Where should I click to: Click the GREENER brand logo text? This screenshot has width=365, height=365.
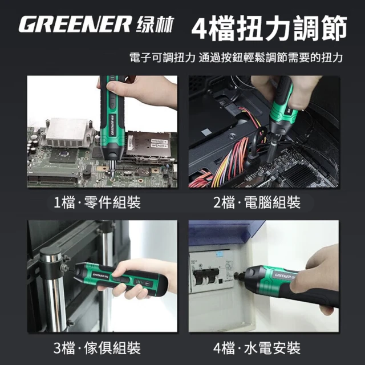[x=75, y=24]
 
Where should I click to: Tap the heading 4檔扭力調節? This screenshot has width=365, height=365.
[x=269, y=28]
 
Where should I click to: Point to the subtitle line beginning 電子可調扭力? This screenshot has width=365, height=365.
[x=236, y=58]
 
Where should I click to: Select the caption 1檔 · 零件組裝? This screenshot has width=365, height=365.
[x=97, y=202]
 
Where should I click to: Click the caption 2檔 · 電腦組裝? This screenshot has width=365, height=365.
[x=257, y=202]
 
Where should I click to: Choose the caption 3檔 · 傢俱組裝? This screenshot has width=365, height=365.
[x=97, y=348]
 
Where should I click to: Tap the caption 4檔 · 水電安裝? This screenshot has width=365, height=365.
[x=257, y=348]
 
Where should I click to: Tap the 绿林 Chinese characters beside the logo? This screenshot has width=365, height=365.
[x=155, y=25]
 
